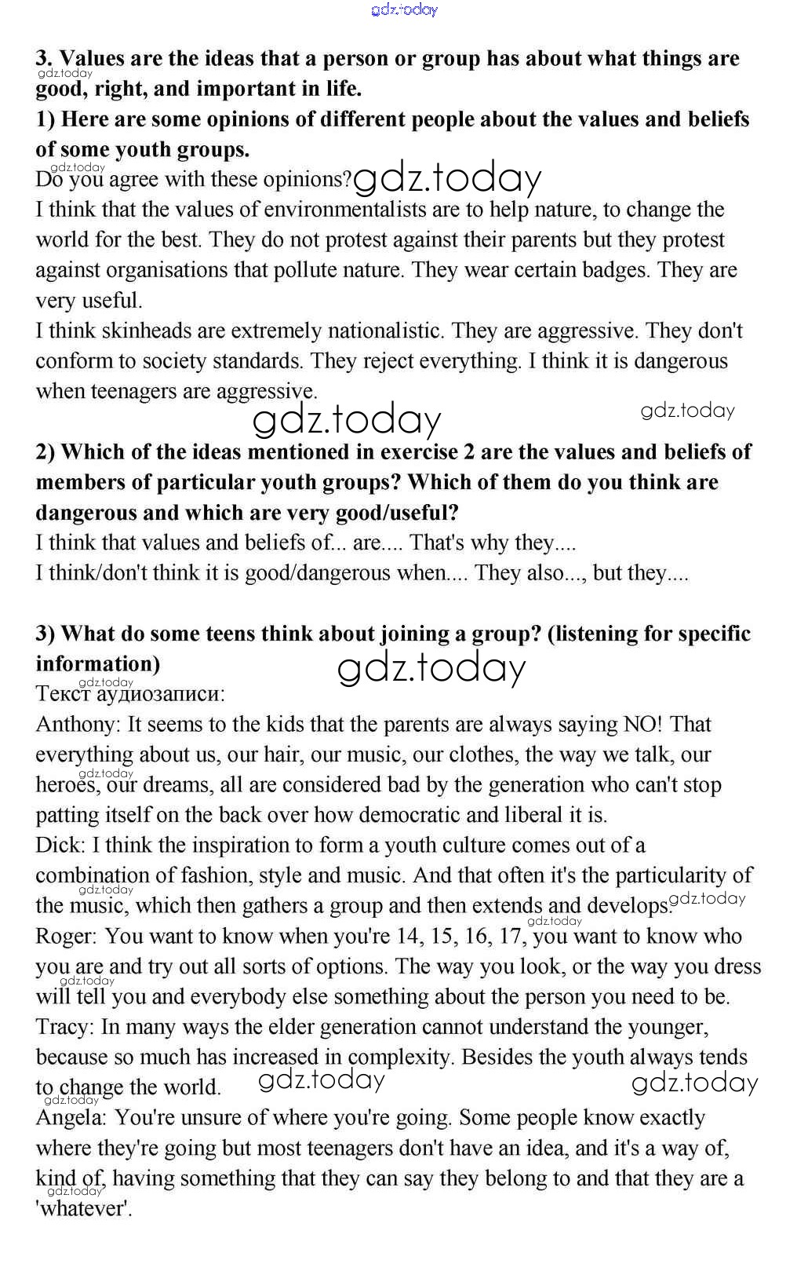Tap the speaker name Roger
point(67,937)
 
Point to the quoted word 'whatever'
point(84,1209)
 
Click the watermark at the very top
point(404,9)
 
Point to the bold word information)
point(97,664)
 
